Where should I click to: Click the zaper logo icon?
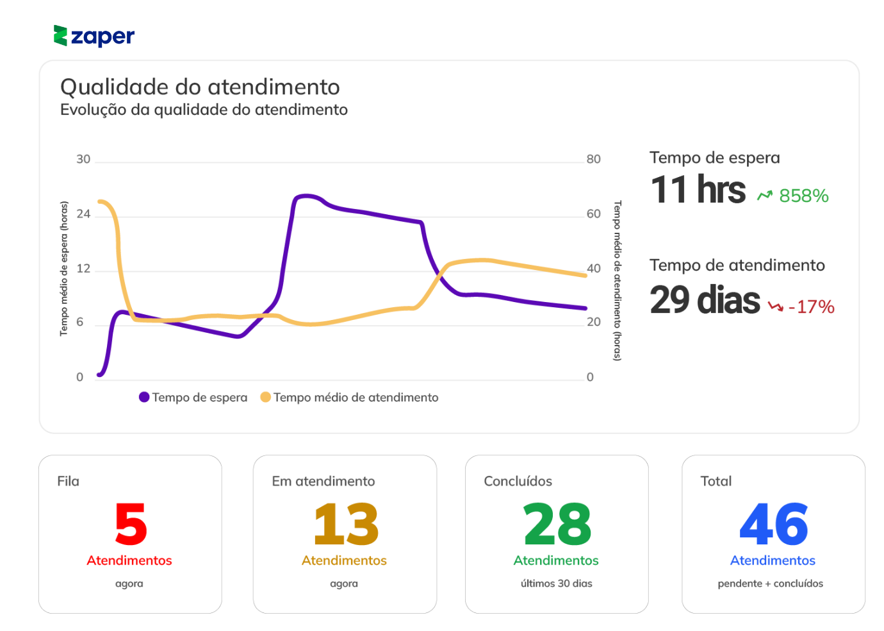pyautogui.click(x=60, y=36)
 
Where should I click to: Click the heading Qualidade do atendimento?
pyautogui.click(x=200, y=87)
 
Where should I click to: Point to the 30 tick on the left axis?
pyautogui.click(x=83, y=159)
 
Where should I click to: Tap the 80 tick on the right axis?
pyautogui.click(x=593, y=159)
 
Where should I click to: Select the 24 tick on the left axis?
pyautogui.click(x=83, y=214)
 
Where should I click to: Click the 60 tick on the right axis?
pyautogui.click(x=593, y=214)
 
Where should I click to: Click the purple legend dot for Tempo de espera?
pyautogui.click(x=144, y=397)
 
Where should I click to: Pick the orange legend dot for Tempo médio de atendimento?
pyautogui.click(x=265, y=397)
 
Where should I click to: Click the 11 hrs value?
pyautogui.click(x=698, y=190)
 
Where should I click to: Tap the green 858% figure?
pyautogui.click(x=804, y=196)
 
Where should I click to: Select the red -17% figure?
pyautogui.click(x=812, y=307)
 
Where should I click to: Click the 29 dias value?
pyautogui.click(x=705, y=300)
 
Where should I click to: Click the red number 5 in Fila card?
pyautogui.click(x=131, y=525)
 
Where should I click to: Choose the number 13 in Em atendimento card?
pyautogui.click(x=346, y=525)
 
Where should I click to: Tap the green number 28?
pyautogui.click(x=557, y=525)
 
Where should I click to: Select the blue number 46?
pyautogui.click(x=773, y=525)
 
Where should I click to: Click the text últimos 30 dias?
pyautogui.click(x=556, y=584)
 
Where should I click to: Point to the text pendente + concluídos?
pyautogui.click(x=770, y=584)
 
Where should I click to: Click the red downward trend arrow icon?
pyautogui.click(x=776, y=307)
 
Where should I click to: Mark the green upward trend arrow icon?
pyautogui.click(x=765, y=195)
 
